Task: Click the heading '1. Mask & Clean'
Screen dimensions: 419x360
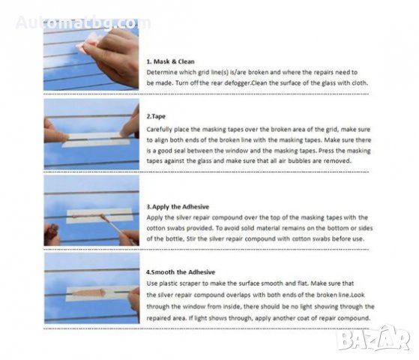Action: [x=170, y=61]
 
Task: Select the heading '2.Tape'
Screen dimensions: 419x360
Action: [x=156, y=116]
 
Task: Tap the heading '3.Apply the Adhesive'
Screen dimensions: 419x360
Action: [x=178, y=207]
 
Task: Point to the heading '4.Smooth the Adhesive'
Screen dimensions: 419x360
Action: [x=181, y=272]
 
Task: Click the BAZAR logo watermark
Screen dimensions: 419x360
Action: [x=373, y=339]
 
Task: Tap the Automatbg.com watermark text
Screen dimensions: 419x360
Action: [x=83, y=22]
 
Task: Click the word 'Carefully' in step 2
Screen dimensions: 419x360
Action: [x=160, y=130]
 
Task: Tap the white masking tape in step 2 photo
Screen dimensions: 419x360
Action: [x=96, y=140]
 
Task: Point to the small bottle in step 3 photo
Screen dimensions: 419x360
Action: [x=53, y=230]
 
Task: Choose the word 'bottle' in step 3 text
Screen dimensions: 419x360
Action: [x=175, y=238]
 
